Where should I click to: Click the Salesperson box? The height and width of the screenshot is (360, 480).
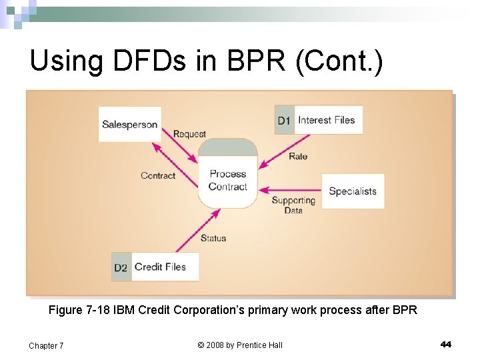[x=130, y=124]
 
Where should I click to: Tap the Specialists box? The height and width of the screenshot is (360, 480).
[x=353, y=191]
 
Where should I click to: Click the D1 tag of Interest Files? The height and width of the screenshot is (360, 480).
[x=284, y=121]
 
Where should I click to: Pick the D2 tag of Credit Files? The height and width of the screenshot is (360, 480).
[x=121, y=267]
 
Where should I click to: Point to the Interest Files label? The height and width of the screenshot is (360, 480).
[x=327, y=120]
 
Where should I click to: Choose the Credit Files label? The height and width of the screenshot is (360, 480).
[x=160, y=267]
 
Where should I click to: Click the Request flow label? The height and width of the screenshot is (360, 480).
[x=189, y=134]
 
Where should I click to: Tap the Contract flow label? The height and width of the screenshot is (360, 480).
[x=158, y=175]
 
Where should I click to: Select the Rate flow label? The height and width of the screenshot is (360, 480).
[x=298, y=156]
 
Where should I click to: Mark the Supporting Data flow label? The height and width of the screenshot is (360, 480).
[x=293, y=205]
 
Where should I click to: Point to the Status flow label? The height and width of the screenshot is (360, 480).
[x=213, y=238]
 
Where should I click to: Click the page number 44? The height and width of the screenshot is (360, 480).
[x=446, y=344]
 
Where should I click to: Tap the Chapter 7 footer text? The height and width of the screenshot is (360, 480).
[x=46, y=345]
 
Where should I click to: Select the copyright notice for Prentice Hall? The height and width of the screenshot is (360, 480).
[x=240, y=345]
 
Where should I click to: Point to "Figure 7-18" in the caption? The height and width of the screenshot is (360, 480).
[x=79, y=310]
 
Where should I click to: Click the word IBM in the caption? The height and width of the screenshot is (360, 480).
[x=123, y=310]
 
